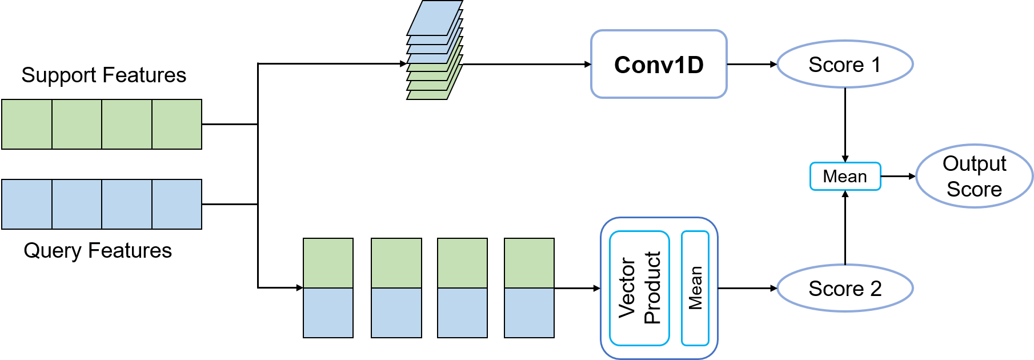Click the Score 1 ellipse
click(x=844, y=64)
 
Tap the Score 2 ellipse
click(x=844, y=288)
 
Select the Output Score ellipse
click(x=974, y=176)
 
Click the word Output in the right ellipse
click(x=974, y=163)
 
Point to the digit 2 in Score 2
click(x=876, y=289)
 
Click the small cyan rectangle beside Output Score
click(x=845, y=176)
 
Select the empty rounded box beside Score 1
click(x=658, y=64)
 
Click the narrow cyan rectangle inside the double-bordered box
click(x=695, y=288)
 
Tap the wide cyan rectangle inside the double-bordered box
click(x=639, y=288)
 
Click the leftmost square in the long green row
click(x=27, y=124)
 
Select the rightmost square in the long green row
click(x=177, y=124)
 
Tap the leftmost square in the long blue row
click(x=27, y=204)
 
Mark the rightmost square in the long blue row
click(x=177, y=204)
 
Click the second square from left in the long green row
click(x=77, y=124)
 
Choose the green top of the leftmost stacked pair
click(x=328, y=263)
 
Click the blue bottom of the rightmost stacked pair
click(x=529, y=313)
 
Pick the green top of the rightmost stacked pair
click(x=529, y=263)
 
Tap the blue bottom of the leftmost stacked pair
click(x=328, y=313)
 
